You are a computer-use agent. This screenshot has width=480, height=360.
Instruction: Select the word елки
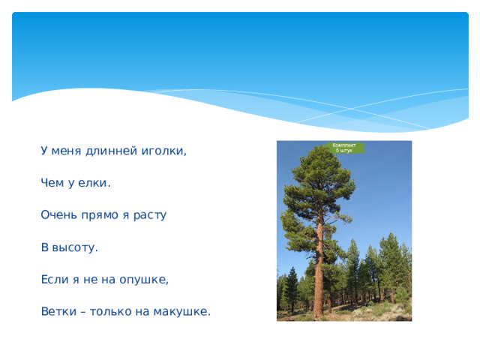point(95,183)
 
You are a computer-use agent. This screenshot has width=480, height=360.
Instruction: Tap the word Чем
point(53,183)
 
